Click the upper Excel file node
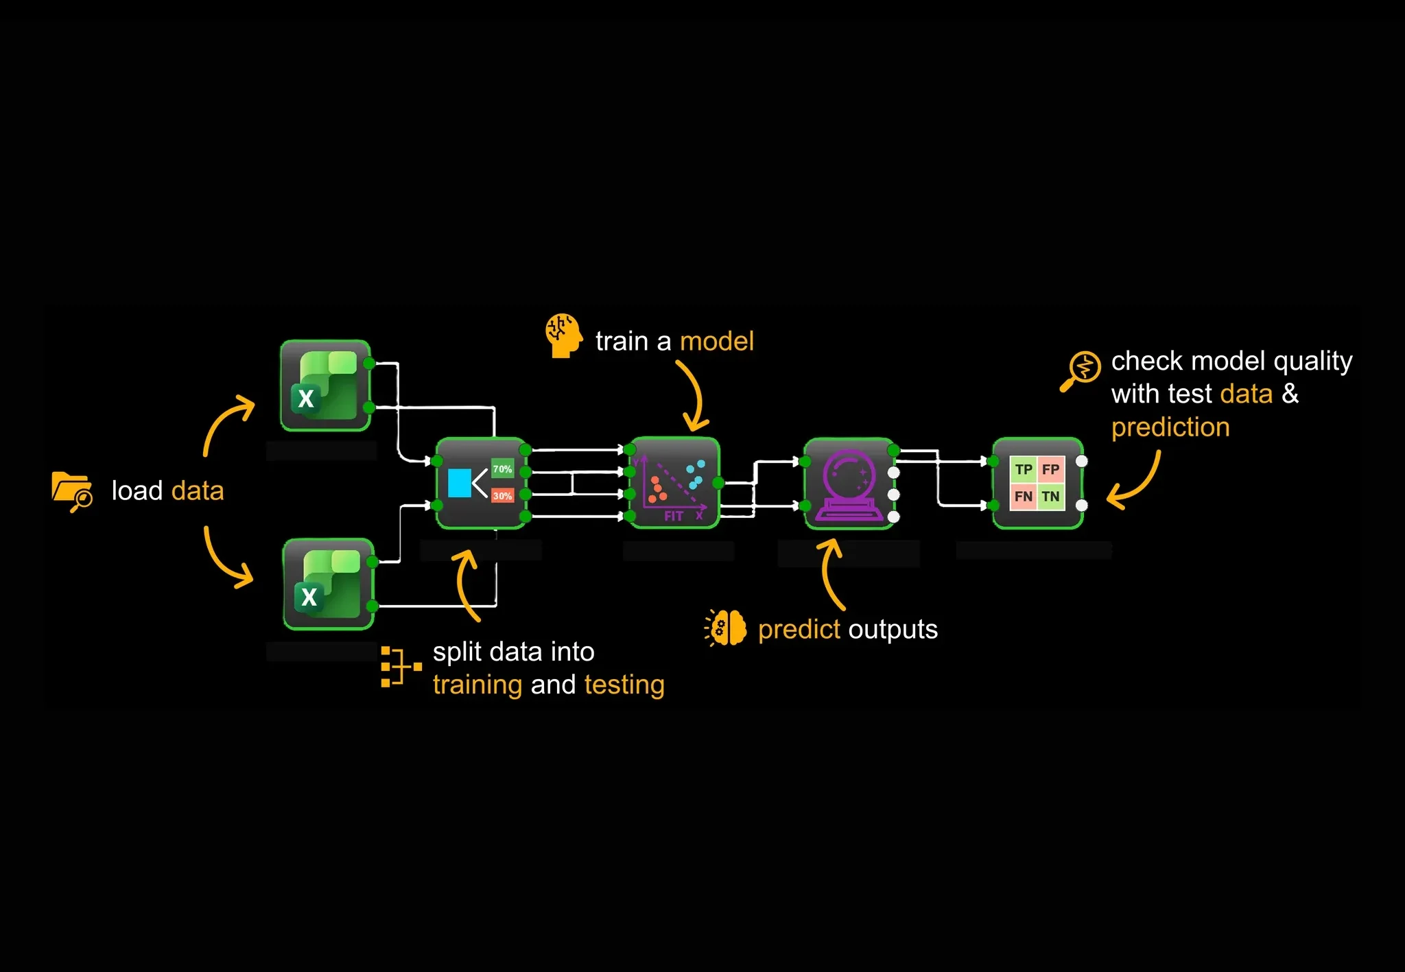tap(326, 386)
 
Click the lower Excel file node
tap(329, 584)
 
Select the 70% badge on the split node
tap(502, 469)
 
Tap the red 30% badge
tap(502, 495)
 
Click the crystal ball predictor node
tap(849, 483)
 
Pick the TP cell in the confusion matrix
tap(1024, 469)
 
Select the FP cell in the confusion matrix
tap(1050, 469)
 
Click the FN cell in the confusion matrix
tap(1024, 496)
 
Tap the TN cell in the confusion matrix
tap(1050, 496)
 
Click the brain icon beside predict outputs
tap(725, 627)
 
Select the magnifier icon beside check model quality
tap(1081, 371)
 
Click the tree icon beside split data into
tap(401, 666)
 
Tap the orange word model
tap(717, 341)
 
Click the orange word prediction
tap(1170, 428)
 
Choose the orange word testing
tap(624, 685)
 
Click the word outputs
tap(893, 630)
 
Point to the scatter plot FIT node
tap(674, 483)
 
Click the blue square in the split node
tap(459, 483)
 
